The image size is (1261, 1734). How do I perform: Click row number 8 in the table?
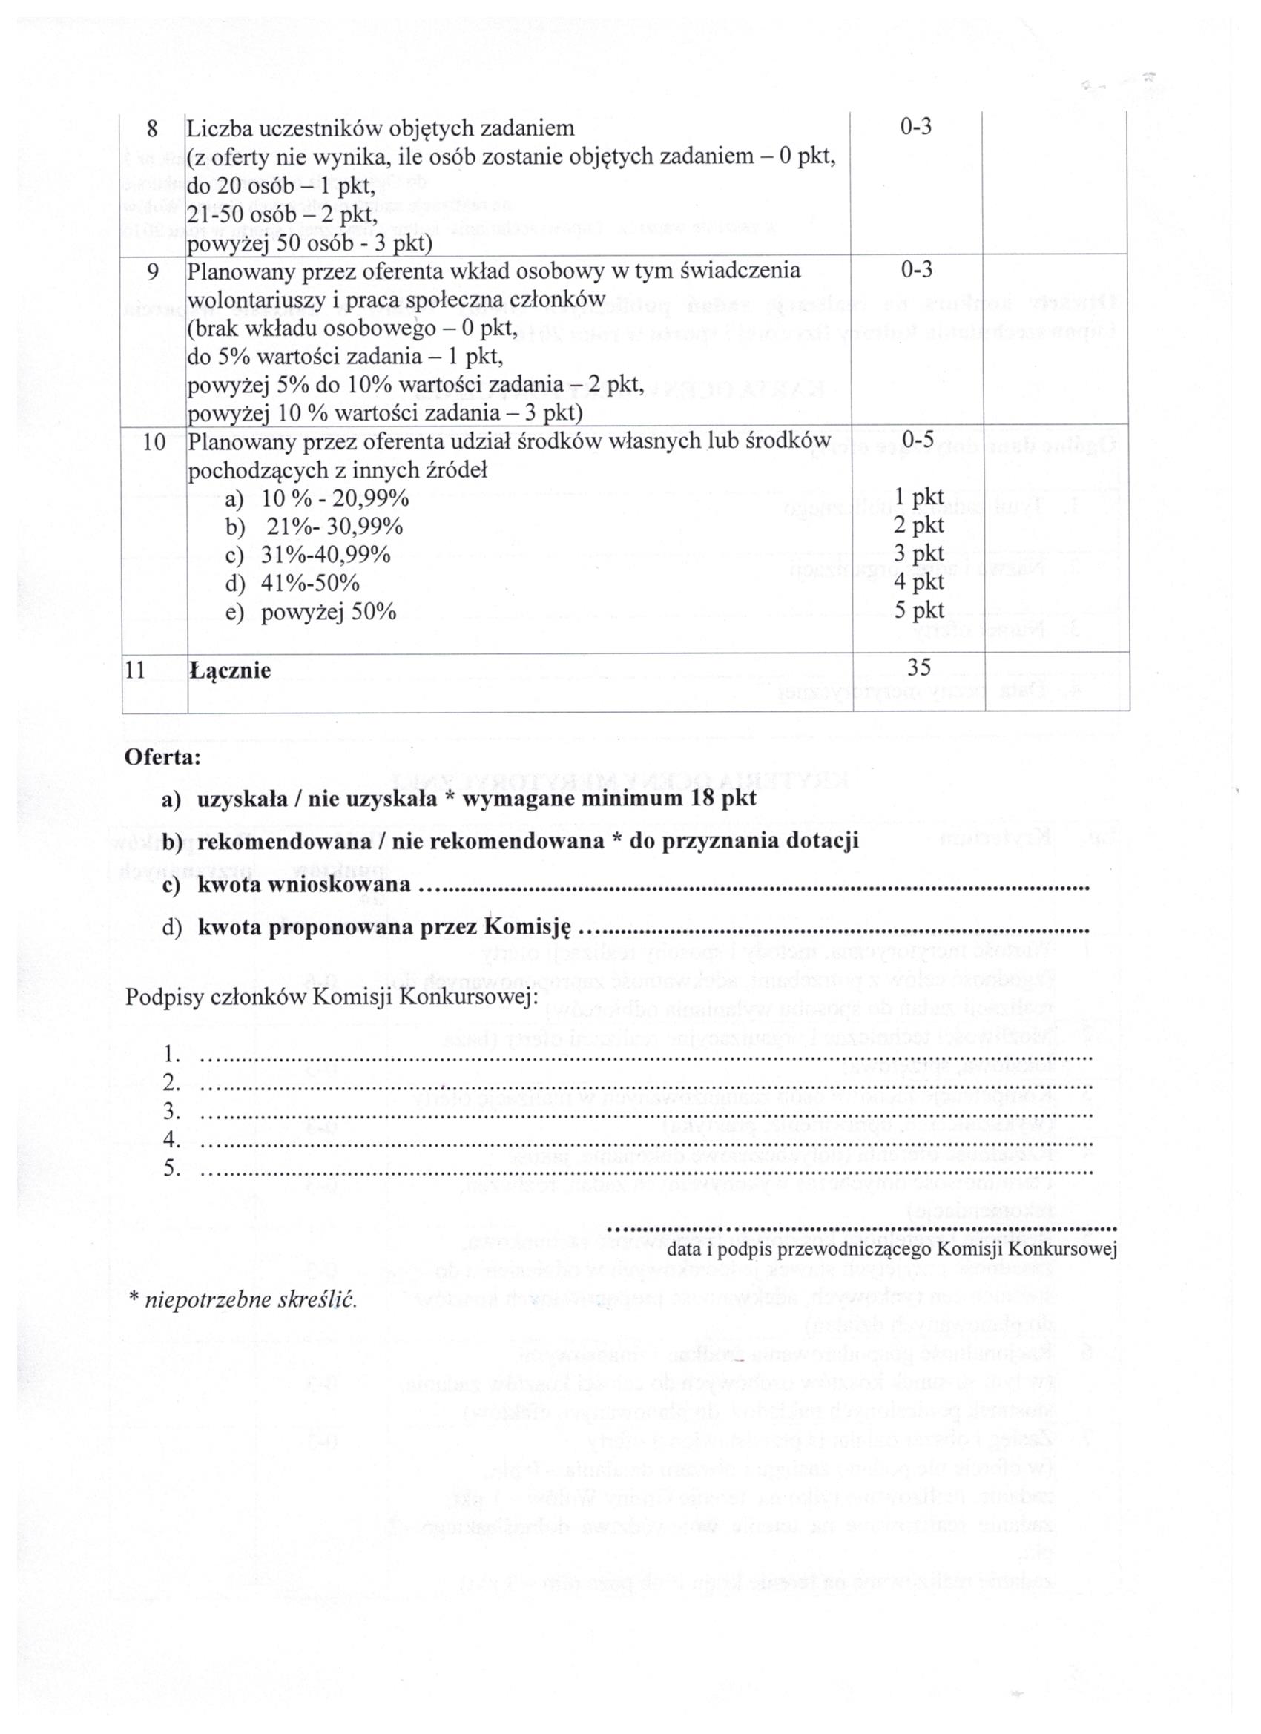[x=152, y=129]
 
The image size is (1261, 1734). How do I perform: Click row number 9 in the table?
[x=152, y=271]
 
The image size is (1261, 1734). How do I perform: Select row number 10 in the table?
[x=154, y=442]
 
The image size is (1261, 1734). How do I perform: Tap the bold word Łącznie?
[x=229, y=670]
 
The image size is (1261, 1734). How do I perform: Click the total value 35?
[x=918, y=667]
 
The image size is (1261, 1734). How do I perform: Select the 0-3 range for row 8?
[x=916, y=127]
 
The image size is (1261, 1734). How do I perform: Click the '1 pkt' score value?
[x=918, y=497]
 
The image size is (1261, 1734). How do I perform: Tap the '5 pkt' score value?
[x=918, y=610]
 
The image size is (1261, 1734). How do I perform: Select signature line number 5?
[x=646, y=1170]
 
